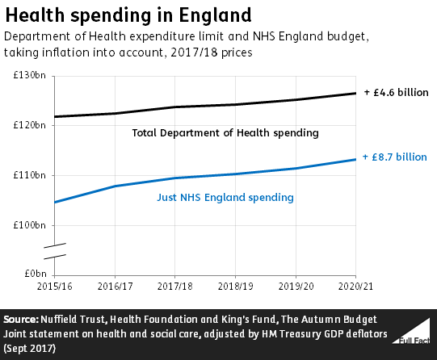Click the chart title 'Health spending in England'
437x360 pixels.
(127, 15)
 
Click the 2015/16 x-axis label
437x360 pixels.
(54, 287)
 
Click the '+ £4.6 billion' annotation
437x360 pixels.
(394, 93)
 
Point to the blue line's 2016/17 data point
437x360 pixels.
(115, 186)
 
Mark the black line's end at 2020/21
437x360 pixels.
(355, 94)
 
